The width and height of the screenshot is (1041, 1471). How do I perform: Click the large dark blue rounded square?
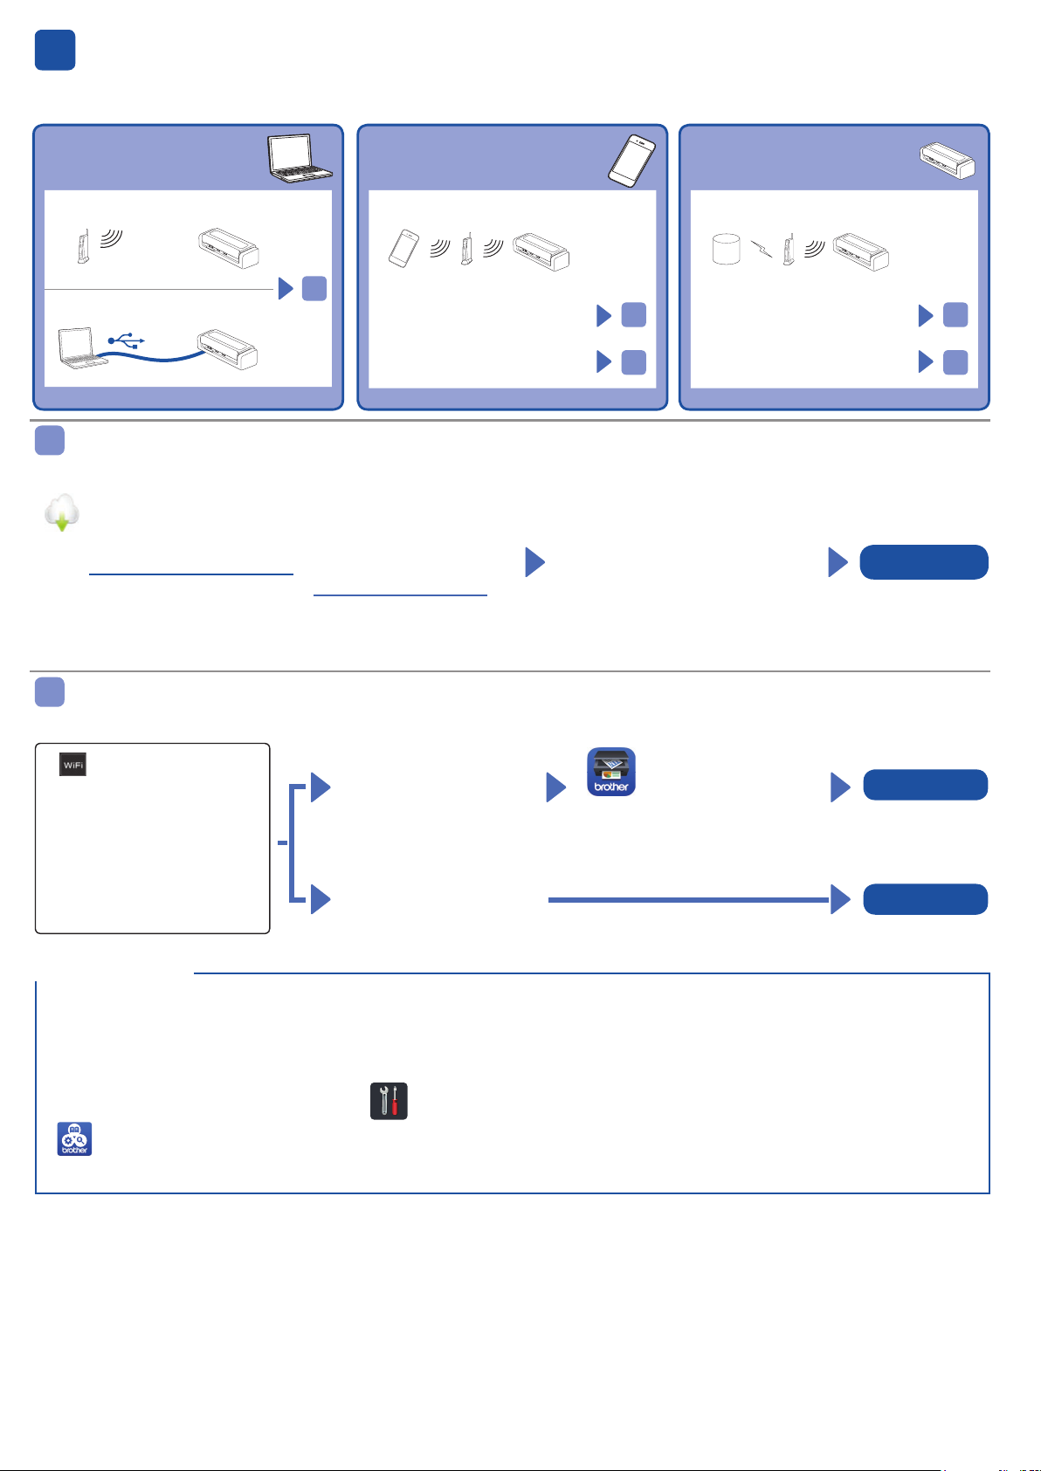coord(55,50)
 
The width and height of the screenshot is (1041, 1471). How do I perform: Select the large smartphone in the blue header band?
coord(631,161)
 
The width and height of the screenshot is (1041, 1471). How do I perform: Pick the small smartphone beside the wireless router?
coord(403,248)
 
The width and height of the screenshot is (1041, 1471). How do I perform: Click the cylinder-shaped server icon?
coord(726,249)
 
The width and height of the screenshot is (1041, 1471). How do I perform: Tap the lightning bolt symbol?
coord(762,249)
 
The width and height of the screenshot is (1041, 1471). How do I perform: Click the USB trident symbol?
coord(126,340)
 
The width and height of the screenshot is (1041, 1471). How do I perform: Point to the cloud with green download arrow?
coord(62,512)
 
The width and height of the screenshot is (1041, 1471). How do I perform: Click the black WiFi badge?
coord(72,765)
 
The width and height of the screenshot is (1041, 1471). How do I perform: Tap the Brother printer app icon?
coord(610,772)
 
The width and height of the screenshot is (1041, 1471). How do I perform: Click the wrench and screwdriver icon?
coord(389,1101)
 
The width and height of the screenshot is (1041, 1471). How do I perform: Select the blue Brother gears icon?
coord(74,1138)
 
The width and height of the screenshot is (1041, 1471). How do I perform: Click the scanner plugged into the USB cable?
coord(228,349)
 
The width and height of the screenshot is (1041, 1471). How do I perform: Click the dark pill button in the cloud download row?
coord(923,562)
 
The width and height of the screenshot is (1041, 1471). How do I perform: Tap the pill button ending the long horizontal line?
coord(925,899)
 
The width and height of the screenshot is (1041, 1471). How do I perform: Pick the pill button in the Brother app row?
coord(925,785)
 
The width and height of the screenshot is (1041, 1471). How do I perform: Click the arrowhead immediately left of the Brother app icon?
coord(555,787)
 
